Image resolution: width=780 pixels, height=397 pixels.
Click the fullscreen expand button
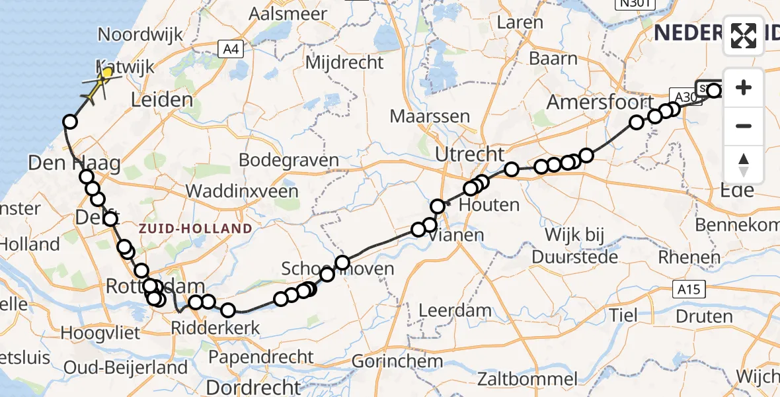coord(744,35)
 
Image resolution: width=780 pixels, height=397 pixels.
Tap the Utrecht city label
coord(470,155)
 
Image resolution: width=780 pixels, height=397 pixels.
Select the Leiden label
coord(162,101)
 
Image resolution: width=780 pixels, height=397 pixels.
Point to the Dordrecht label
coord(254,386)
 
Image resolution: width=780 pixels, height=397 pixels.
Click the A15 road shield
coord(691,288)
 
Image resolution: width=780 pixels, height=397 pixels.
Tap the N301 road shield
coord(633,5)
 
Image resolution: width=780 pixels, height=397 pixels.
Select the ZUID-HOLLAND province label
coord(196,229)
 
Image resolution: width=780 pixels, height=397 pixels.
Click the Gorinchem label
coord(397,361)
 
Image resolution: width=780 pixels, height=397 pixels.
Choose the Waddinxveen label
coord(242,191)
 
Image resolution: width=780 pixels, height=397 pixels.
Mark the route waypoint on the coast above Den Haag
coord(70,122)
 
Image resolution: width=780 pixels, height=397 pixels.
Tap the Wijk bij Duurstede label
coord(581,245)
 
